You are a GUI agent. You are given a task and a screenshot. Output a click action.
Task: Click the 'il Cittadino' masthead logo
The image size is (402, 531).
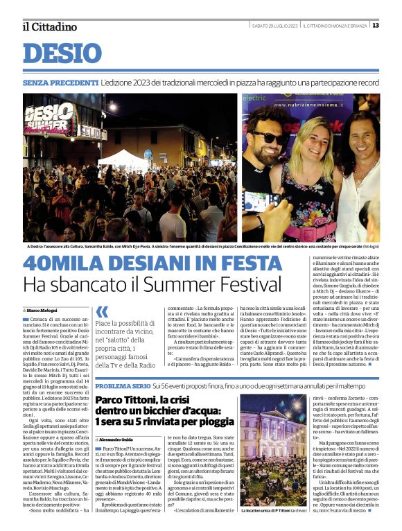coord(49,26)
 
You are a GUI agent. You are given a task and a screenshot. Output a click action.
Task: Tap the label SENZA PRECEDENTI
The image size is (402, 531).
coord(60,82)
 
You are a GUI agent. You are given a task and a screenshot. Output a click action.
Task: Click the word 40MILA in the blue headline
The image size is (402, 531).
coord(64,265)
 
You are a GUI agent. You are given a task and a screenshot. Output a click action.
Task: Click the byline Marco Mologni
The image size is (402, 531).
coord(44,310)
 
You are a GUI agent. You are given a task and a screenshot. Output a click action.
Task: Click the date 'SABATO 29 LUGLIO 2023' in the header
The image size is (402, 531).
coord(274,26)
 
